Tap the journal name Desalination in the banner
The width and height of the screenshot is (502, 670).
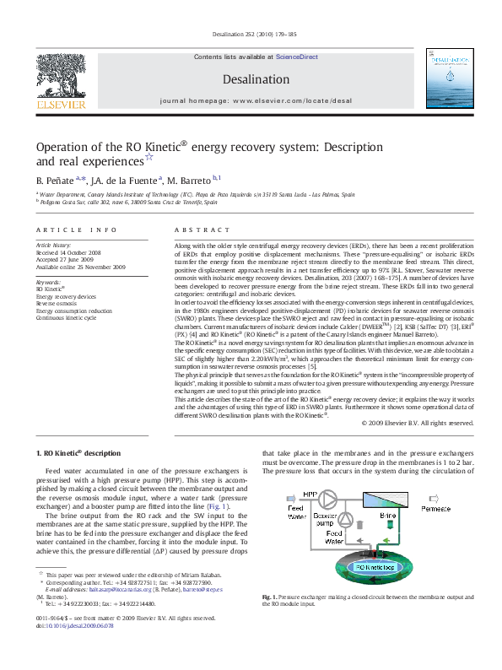click(x=250, y=78)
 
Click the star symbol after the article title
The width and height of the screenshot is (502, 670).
click(x=149, y=156)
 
